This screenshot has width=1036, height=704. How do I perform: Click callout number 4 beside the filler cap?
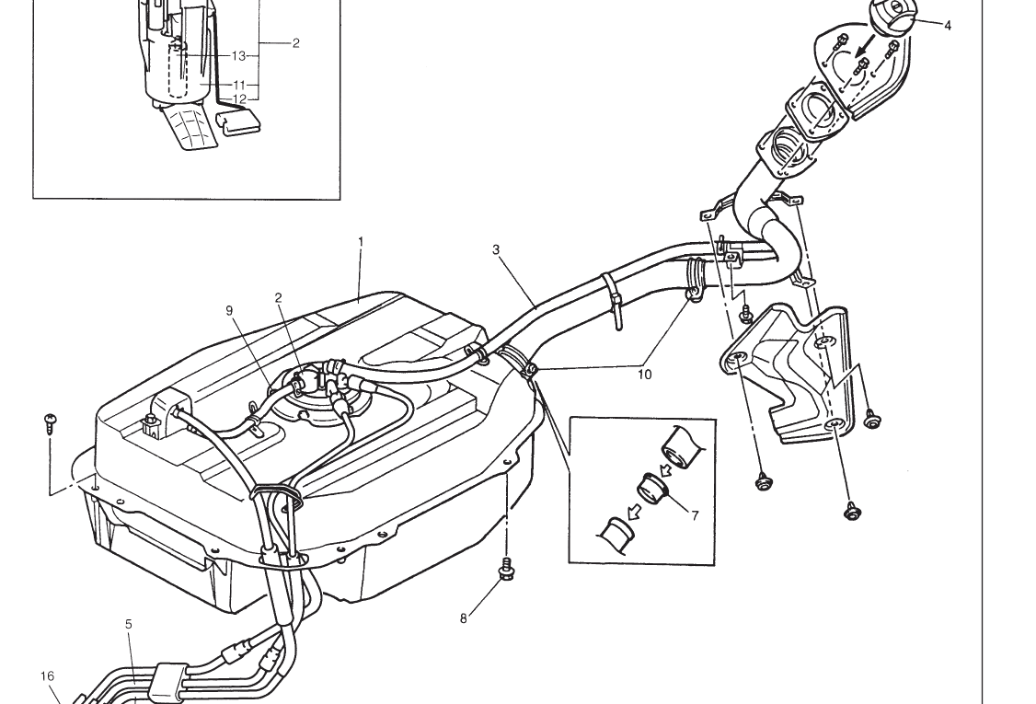[x=948, y=26]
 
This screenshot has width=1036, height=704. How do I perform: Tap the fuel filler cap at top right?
[x=892, y=14]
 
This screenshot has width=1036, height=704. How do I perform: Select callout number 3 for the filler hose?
[x=496, y=250]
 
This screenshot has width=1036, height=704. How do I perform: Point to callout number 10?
[x=644, y=375]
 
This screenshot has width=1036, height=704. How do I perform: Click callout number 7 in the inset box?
[x=695, y=515]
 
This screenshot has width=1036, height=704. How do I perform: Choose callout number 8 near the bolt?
[x=463, y=618]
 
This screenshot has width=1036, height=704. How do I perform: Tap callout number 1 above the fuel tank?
[x=361, y=242]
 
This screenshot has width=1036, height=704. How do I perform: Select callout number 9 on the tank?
[x=229, y=311]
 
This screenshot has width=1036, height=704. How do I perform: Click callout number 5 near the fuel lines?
[x=128, y=624]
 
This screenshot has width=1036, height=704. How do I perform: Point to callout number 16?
[x=47, y=676]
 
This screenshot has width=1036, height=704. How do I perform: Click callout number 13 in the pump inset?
[x=238, y=56]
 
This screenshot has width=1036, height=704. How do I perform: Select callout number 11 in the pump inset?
[x=239, y=86]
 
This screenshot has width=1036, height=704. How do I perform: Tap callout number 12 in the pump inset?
[x=239, y=99]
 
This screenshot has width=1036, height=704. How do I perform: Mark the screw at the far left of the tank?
[x=51, y=423]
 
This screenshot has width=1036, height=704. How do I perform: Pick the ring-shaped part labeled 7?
[x=653, y=490]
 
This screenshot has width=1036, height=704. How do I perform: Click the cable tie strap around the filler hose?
[x=612, y=301]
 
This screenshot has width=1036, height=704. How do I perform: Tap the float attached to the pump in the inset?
[x=239, y=123]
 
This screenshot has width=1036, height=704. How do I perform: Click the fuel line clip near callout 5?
[x=166, y=684]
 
